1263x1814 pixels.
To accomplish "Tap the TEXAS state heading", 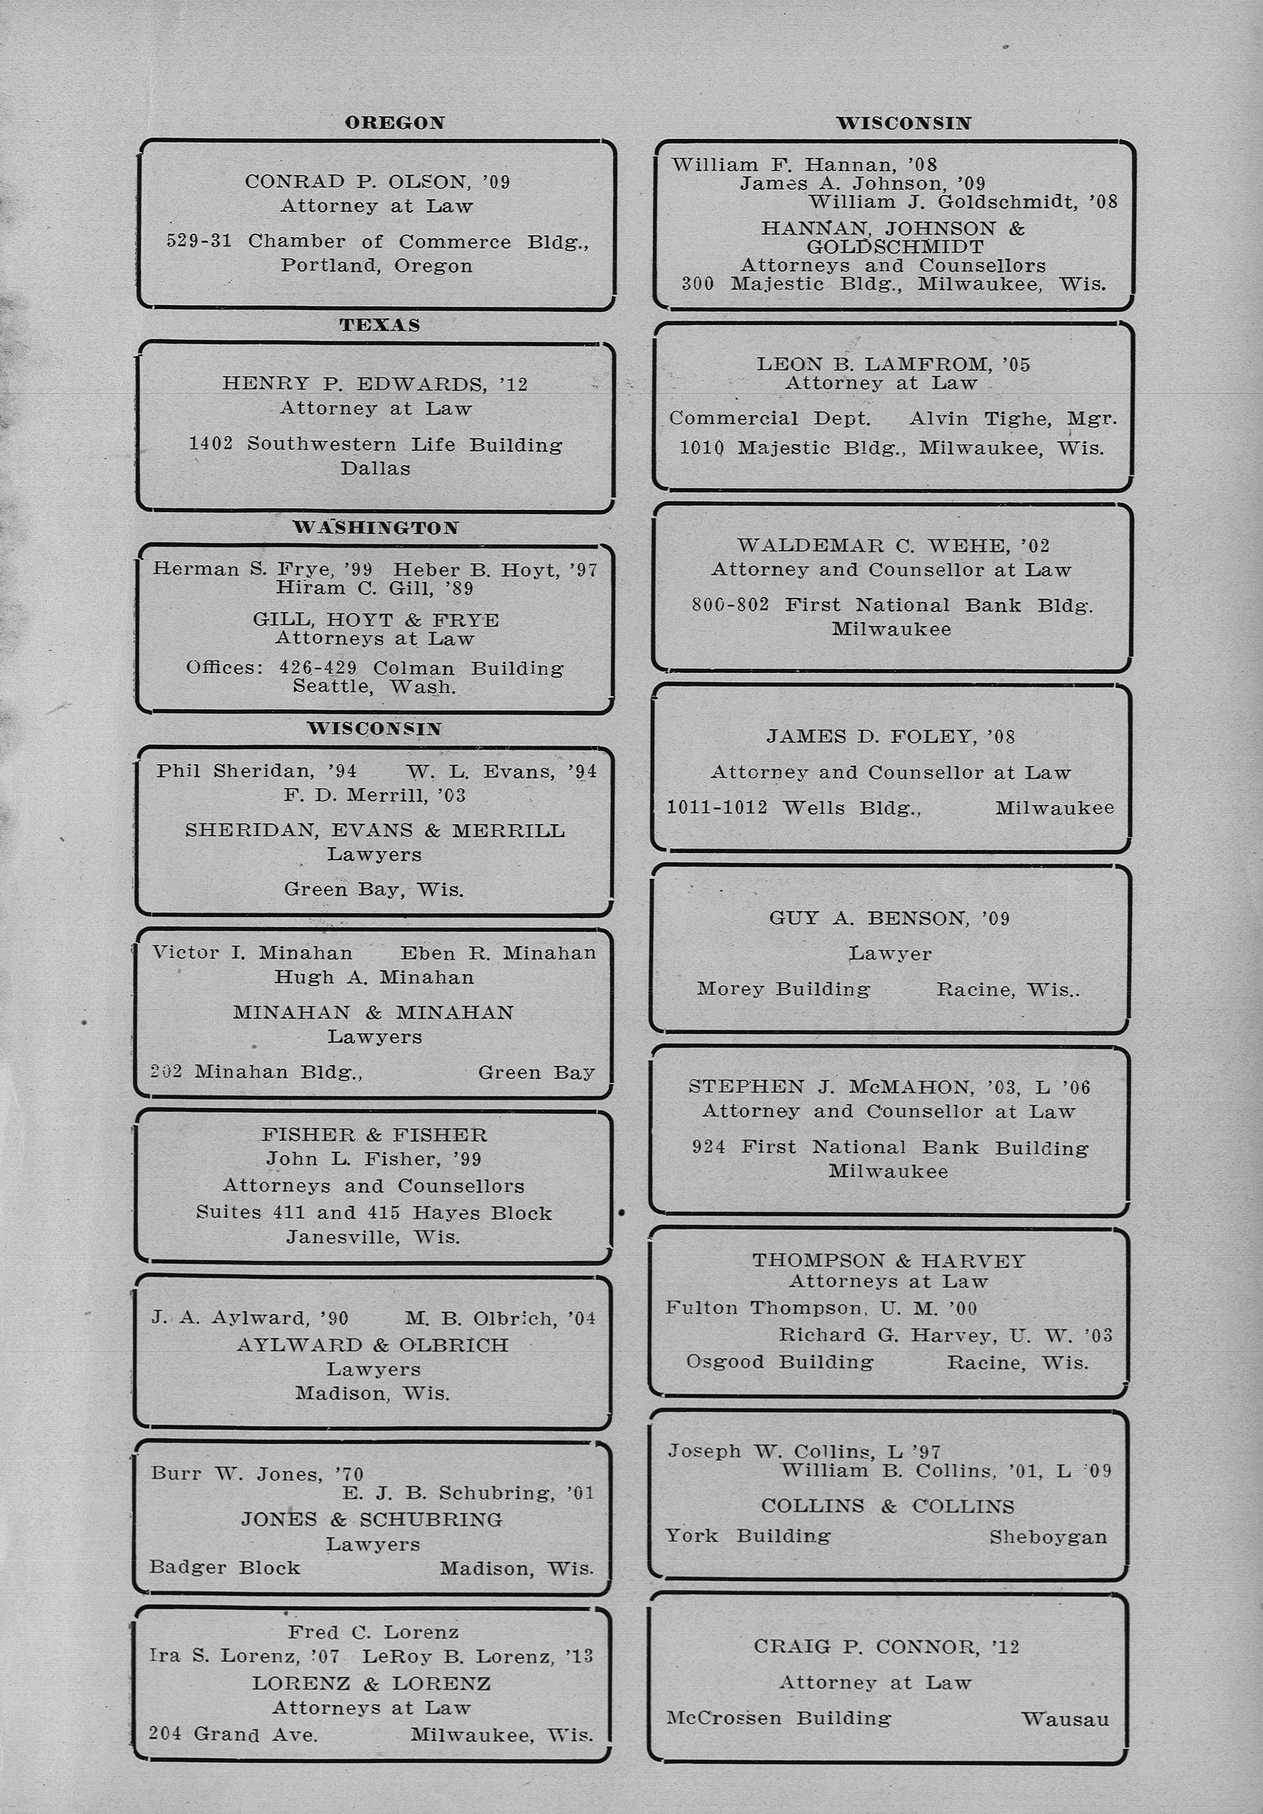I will [379, 325].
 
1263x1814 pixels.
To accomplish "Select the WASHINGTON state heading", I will [375, 528].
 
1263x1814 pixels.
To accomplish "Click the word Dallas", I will [375, 468].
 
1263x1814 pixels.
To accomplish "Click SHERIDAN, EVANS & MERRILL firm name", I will [375, 830].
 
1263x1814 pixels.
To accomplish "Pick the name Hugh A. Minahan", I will [374, 977].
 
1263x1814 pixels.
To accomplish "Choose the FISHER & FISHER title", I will [374, 1134].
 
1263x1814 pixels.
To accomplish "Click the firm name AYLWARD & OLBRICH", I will [373, 1345].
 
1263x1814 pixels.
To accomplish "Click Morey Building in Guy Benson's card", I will [783, 989].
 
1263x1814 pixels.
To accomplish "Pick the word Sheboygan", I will [1048, 1537].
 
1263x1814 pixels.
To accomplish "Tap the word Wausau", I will [1065, 1718].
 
